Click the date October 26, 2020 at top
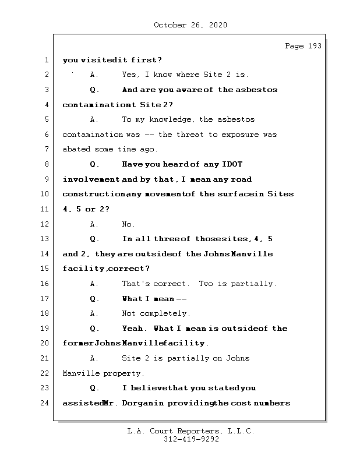tap(190, 25)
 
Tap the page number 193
tap(313, 46)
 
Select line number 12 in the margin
tap(46, 224)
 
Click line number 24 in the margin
tap(46, 403)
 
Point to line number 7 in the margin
tap(46, 149)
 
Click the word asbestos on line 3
tap(256, 90)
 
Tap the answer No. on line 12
tap(128, 224)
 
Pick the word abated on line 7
tap(76, 150)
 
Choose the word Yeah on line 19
tap(135, 329)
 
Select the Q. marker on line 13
tap(95, 239)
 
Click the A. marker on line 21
tap(93, 358)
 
